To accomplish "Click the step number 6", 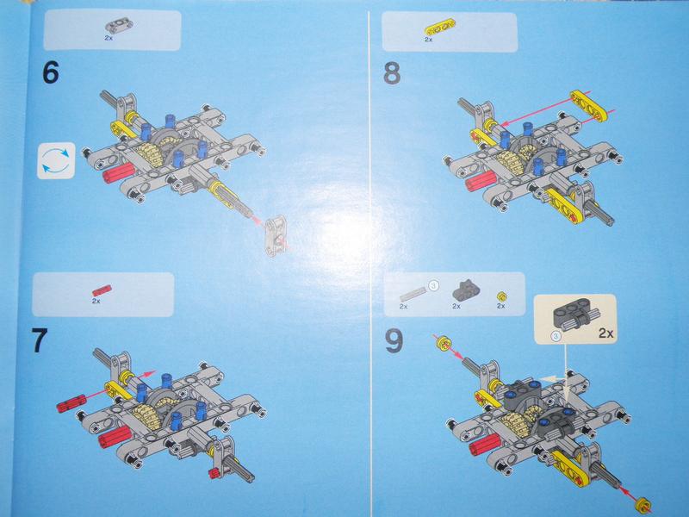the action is pyautogui.click(x=51, y=72).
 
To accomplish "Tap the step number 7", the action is pyautogui.click(x=40, y=340).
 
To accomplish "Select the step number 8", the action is pyautogui.click(x=392, y=73).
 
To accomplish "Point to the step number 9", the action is pyautogui.click(x=394, y=341).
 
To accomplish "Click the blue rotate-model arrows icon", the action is pyautogui.click(x=56, y=160).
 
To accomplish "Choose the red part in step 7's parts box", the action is pyautogui.click(x=102, y=290).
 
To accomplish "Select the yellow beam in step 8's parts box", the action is pyautogui.click(x=440, y=29).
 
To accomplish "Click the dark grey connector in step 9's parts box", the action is pyautogui.click(x=466, y=290).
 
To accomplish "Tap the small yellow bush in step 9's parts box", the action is pyautogui.click(x=502, y=296).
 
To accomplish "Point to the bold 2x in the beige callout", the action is pyautogui.click(x=605, y=333).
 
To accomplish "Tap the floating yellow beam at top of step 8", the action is pyautogui.click(x=588, y=104).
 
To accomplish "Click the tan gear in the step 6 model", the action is pyautogui.click(x=152, y=153).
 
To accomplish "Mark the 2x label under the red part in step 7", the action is pyautogui.click(x=96, y=301).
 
